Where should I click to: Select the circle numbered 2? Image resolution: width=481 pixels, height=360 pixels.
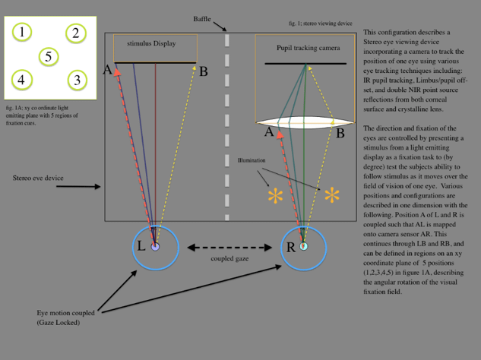coord(75,33)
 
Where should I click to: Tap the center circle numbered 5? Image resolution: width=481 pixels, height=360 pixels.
coord(49,56)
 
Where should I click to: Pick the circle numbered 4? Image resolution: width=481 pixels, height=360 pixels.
coord(22,79)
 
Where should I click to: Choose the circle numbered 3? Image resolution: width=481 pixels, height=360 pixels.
coord(76,79)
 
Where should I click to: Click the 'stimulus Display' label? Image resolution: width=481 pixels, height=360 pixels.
coord(151,44)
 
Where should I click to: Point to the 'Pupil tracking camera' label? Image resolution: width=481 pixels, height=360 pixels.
coord(307,48)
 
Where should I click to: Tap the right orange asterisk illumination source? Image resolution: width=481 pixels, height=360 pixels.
coord(332,196)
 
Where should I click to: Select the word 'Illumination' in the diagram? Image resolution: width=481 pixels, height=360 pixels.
coord(252,160)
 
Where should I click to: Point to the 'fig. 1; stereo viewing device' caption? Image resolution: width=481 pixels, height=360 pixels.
coord(321,24)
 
